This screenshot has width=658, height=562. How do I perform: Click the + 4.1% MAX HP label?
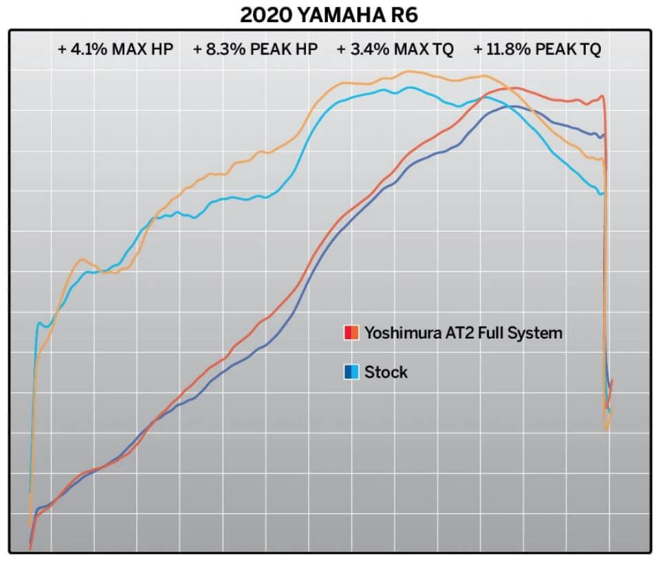(x=115, y=50)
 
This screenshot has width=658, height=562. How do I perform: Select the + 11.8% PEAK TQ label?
(x=537, y=50)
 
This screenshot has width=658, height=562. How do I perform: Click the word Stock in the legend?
(x=386, y=373)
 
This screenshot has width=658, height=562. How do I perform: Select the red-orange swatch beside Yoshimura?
(x=351, y=334)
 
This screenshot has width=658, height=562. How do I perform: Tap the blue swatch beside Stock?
(x=351, y=373)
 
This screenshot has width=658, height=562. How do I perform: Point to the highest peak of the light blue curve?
(x=410, y=87)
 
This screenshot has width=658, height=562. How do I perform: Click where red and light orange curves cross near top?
(x=507, y=88)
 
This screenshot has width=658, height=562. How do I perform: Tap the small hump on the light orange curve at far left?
(x=83, y=259)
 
